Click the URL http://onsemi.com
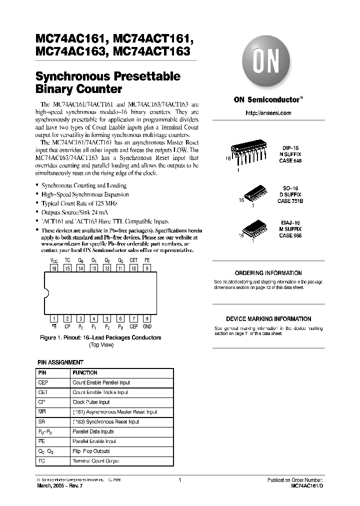point(268,113)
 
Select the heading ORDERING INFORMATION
point(268,273)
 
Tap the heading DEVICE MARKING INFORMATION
point(268,319)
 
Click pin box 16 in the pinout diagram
point(54,268)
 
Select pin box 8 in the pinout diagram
point(147,318)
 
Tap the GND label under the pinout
point(147,326)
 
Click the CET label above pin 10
point(133,260)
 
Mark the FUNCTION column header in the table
point(85,373)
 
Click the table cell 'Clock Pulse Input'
point(91,402)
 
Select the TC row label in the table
point(41,460)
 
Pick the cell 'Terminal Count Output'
point(96,460)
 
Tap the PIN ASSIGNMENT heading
point(61,362)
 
